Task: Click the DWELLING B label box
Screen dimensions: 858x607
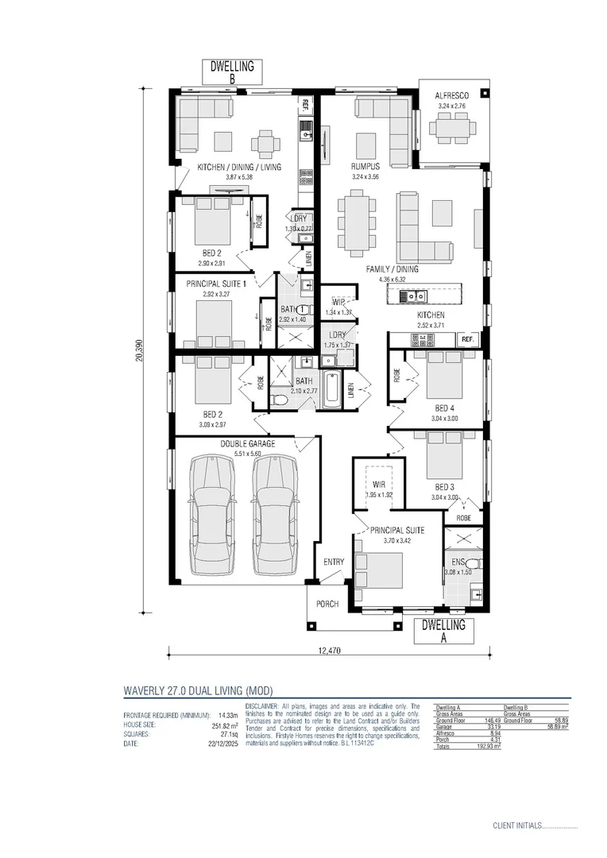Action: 232,72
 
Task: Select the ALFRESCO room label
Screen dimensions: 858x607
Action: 452,96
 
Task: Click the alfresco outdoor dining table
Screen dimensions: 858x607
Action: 453,127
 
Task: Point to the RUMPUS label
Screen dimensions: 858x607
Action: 365,167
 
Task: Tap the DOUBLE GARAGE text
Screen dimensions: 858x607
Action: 248,444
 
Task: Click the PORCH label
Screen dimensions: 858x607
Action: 327,604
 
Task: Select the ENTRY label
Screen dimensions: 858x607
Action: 334,562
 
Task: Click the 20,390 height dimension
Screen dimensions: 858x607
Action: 139,350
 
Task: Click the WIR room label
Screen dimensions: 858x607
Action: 379,484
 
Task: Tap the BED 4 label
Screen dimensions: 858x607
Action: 444,408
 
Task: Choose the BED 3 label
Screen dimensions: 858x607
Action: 444,487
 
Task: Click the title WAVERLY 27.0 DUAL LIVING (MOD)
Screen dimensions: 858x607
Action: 198,690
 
